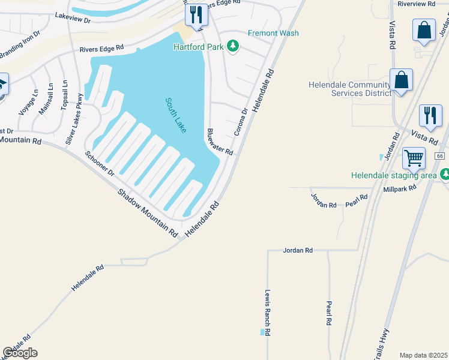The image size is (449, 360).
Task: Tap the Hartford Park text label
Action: coord(197,47)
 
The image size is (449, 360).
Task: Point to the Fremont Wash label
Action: coord(273,33)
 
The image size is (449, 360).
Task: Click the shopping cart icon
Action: coord(414,159)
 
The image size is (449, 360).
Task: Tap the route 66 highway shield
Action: coord(441,155)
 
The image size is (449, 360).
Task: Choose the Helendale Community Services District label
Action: coord(349,89)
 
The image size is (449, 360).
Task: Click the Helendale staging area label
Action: coord(394,175)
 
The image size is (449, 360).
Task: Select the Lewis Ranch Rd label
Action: coord(268,313)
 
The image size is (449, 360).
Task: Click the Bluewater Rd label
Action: coord(219,142)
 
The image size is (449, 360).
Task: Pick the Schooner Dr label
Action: coord(100,162)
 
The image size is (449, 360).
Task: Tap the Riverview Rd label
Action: coord(417,4)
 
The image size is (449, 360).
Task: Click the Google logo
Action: coord(20,352)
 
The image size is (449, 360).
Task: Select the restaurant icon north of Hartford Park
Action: coord(196,14)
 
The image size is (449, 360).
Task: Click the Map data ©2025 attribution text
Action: coord(423,355)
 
